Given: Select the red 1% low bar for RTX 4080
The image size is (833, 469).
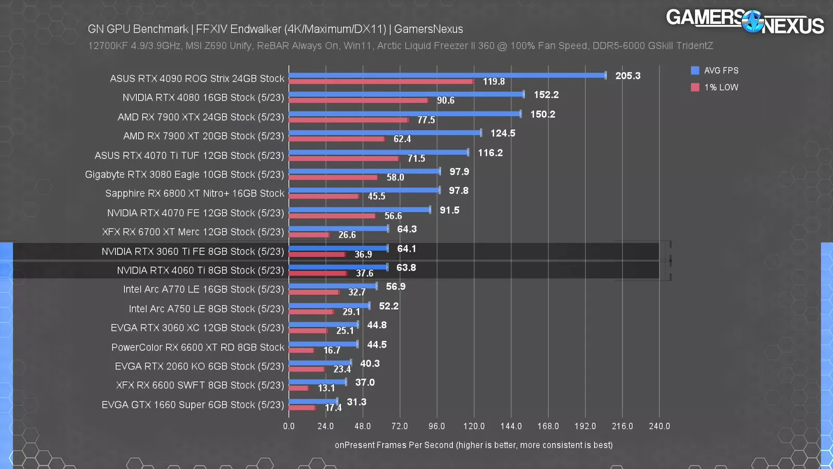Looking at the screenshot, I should [x=358, y=101].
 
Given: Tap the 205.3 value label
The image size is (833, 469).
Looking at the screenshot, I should [x=628, y=76].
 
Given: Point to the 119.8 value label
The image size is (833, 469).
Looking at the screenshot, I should [x=494, y=82].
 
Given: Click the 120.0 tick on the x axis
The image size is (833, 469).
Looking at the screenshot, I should [x=474, y=426].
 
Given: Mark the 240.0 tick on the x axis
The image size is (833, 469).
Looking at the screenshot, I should [x=659, y=426].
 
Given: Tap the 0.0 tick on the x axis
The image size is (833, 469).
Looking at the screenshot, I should [x=289, y=426].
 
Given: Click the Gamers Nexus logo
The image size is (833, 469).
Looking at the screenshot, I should [x=744, y=22].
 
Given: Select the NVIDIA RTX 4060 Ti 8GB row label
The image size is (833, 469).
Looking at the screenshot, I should [x=200, y=270].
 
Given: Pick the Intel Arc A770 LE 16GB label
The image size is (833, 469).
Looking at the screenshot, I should [x=204, y=289].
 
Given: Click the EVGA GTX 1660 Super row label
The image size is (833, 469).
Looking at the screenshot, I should [x=193, y=405].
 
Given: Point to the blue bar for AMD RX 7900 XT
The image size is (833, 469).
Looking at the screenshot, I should [x=385, y=133].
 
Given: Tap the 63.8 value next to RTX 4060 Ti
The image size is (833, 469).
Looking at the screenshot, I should [x=406, y=268].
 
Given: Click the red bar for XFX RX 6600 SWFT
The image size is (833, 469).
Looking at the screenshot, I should [x=298, y=388].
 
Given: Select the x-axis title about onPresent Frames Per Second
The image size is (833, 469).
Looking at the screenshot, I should [x=473, y=445].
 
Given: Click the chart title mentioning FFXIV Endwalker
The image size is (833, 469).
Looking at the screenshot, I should [x=275, y=29].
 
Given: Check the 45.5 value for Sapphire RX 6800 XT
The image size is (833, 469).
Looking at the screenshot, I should [x=376, y=196].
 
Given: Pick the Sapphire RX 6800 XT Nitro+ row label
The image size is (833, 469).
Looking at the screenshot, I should [x=195, y=194].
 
